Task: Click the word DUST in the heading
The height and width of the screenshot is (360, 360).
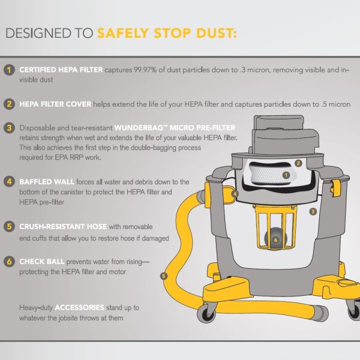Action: point(215,33)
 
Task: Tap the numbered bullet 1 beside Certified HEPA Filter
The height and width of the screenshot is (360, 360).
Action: point(9,70)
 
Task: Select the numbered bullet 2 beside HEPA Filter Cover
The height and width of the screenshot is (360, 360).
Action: point(9,104)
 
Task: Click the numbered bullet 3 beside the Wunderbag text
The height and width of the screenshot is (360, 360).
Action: point(9,128)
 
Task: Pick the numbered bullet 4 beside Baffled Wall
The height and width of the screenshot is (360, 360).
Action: point(9,182)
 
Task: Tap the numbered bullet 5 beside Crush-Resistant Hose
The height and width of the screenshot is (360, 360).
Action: point(9,226)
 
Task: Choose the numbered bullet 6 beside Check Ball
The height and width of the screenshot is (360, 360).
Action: point(9,261)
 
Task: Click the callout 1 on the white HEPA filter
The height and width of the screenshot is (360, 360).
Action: point(286,175)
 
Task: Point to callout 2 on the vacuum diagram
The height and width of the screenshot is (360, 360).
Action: point(298,163)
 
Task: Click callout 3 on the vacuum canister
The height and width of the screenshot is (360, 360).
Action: point(313,211)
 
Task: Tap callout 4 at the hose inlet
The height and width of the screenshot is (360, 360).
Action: point(235,194)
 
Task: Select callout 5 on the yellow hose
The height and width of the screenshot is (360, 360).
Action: point(164,276)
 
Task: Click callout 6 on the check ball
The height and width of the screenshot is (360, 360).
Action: point(276,240)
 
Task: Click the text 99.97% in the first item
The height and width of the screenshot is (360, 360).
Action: point(145,70)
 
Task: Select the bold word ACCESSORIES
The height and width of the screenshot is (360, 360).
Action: point(79,307)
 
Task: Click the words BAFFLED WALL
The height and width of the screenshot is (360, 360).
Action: point(47,182)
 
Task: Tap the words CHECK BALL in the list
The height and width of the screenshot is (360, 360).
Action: point(42,262)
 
